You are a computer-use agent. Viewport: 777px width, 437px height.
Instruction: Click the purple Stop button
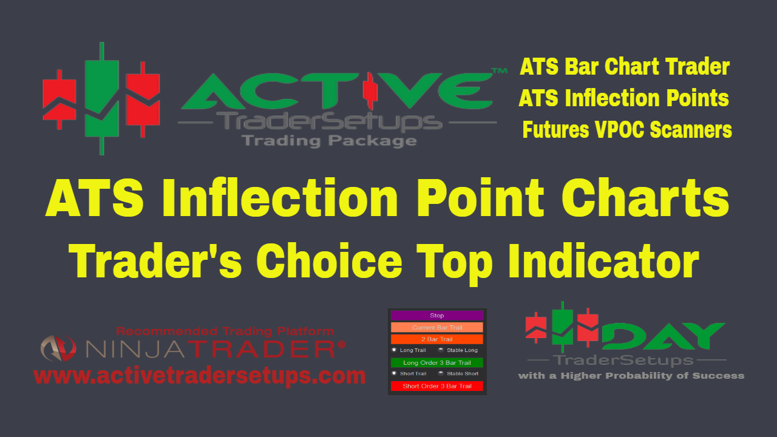click(x=436, y=315)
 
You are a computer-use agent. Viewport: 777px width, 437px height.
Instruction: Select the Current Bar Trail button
click(x=436, y=327)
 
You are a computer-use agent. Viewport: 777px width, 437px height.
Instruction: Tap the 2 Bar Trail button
click(x=436, y=339)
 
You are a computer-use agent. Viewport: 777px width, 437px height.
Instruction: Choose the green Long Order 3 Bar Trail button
click(x=436, y=362)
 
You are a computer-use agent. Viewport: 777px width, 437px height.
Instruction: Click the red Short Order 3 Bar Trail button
click(x=436, y=386)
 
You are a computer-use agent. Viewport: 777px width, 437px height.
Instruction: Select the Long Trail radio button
click(x=394, y=350)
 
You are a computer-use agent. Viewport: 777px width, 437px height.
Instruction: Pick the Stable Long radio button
click(x=441, y=350)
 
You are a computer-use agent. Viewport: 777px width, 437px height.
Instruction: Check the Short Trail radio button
click(x=394, y=373)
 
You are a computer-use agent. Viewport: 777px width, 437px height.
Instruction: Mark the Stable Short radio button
click(x=441, y=373)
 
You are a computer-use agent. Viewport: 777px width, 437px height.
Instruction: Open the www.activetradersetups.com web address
click(x=200, y=376)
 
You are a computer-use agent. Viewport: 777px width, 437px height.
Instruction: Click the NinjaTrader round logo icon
click(x=58, y=348)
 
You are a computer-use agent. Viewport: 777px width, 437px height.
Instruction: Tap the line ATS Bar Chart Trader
click(x=625, y=66)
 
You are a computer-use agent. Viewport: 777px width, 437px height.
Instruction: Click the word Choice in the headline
click(x=329, y=261)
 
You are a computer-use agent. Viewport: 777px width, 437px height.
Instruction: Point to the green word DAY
click(x=663, y=336)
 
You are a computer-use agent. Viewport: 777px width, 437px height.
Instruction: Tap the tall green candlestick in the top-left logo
click(x=101, y=98)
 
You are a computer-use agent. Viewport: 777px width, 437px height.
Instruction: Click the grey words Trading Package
click(x=329, y=141)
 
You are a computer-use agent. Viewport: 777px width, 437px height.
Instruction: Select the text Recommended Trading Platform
click(x=225, y=331)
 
